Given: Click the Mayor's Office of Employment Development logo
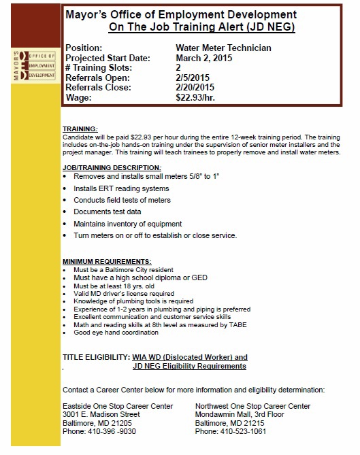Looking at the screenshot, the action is tap(33, 65).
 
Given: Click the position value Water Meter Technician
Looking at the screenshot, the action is tap(223, 48).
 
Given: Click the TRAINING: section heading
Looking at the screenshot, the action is tap(80, 129).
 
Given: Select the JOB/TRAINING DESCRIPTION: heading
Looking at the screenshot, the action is tap(112, 167).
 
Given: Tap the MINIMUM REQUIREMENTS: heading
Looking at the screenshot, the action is tap(107, 262).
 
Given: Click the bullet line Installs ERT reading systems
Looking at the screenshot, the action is tap(121, 188).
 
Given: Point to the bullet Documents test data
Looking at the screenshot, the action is tap(108, 212).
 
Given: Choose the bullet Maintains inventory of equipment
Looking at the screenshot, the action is tap(127, 224).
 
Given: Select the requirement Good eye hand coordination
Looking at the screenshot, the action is tap(116, 333).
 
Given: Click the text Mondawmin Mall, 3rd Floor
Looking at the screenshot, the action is tap(239, 414).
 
